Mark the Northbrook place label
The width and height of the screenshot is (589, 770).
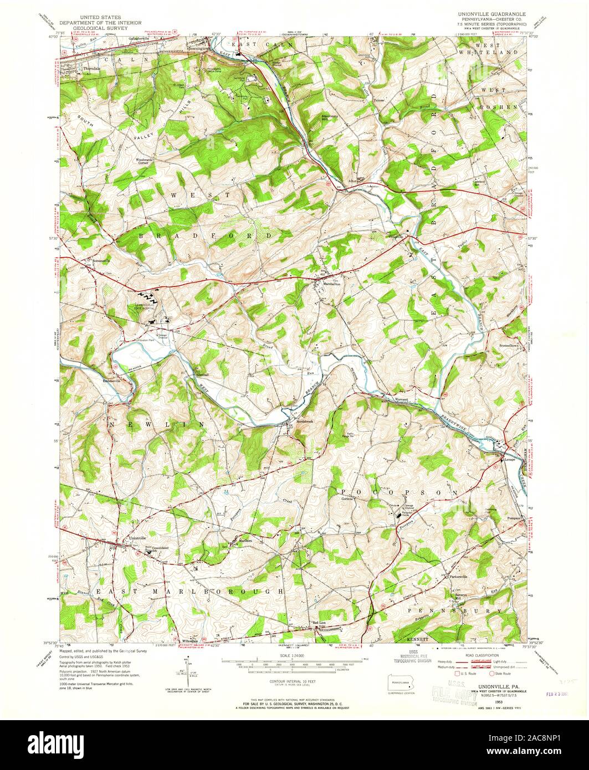coord(305,421)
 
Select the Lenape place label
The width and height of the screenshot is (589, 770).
coord(509,460)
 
